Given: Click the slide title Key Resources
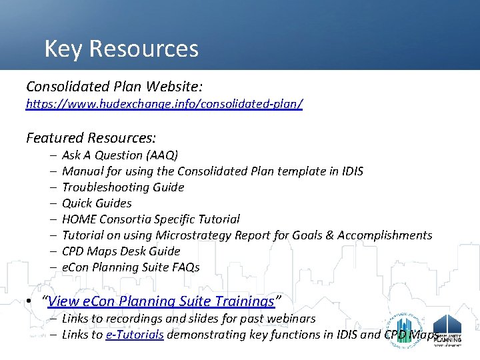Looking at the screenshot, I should (121, 49).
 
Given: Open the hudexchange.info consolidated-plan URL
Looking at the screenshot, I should (164, 105).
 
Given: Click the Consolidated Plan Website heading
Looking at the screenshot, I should (114, 87).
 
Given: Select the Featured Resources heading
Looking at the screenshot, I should (91, 138).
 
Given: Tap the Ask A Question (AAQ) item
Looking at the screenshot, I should (120, 155).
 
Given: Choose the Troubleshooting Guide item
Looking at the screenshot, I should (123, 187).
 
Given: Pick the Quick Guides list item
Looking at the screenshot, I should (97, 203).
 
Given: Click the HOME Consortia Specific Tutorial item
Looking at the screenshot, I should (151, 219).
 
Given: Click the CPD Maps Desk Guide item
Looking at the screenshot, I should (121, 251).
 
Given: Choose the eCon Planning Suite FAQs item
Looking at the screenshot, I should (131, 267).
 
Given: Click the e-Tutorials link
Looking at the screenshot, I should (135, 335).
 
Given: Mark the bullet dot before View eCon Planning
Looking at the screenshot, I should (30, 301).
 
